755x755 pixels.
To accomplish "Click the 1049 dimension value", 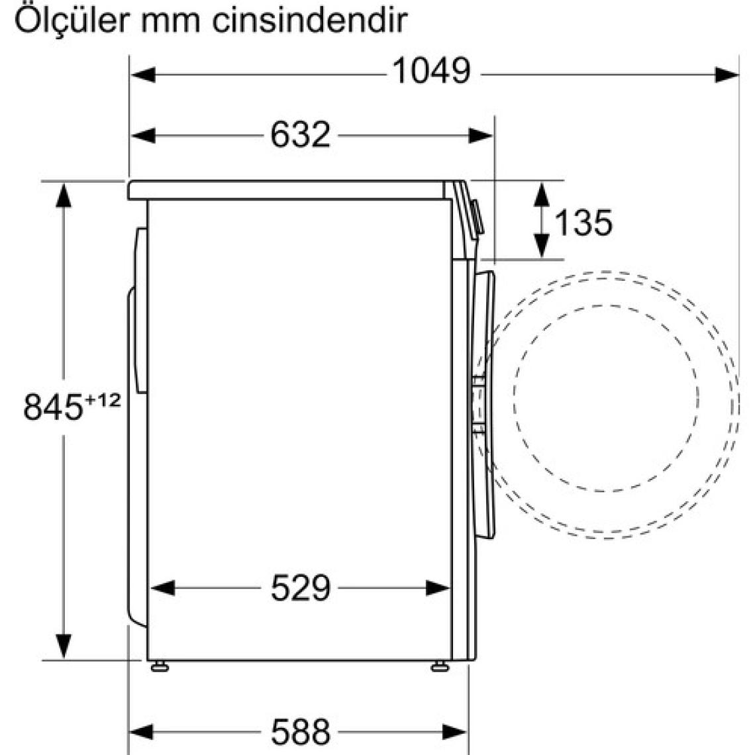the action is (x=431, y=72).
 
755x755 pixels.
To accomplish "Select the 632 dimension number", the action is (x=301, y=134).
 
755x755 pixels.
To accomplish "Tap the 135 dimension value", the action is (x=583, y=223).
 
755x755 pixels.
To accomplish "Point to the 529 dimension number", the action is (x=301, y=588).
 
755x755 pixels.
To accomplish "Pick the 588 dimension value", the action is (x=301, y=732).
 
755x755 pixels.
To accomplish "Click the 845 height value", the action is (x=53, y=407).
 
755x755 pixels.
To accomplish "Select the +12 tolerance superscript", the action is (x=103, y=400).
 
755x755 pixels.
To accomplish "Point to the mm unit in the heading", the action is (x=171, y=24).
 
